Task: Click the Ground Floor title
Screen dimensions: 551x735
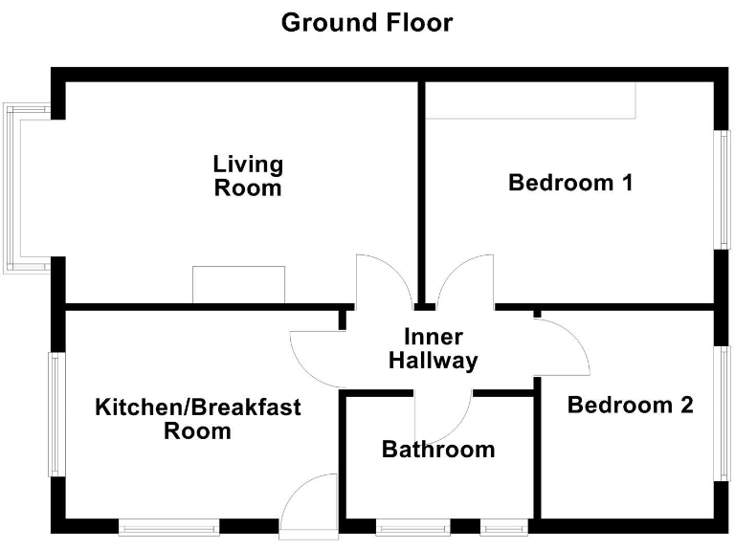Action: coord(367,22)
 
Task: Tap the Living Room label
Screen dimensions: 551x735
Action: coord(248,175)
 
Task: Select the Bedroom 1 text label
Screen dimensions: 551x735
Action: coord(570,182)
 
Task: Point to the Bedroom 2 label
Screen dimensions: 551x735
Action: coord(630,405)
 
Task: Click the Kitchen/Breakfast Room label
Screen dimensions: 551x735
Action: coord(198,419)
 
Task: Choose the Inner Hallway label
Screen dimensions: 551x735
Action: coord(434,349)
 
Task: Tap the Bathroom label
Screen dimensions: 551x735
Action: coord(438,449)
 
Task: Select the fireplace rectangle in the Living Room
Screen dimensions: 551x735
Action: coord(238,285)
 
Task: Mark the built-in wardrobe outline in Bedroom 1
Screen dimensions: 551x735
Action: coord(531,100)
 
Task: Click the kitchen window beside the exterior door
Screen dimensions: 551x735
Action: coord(168,525)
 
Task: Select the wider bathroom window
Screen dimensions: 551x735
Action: coord(413,525)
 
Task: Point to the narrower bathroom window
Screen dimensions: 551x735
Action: coord(502,525)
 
